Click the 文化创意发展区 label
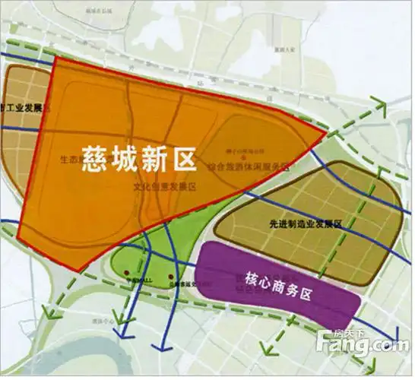pyautogui.click(x=165, y=185)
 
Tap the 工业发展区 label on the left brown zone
pyautogui.click(x=22, y=108)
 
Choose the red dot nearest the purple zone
pyautogui.click(x=172, y=274)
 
